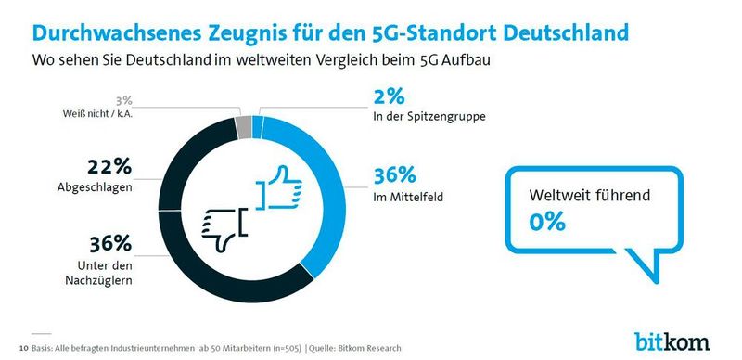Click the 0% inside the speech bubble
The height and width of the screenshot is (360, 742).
pos(546,221)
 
